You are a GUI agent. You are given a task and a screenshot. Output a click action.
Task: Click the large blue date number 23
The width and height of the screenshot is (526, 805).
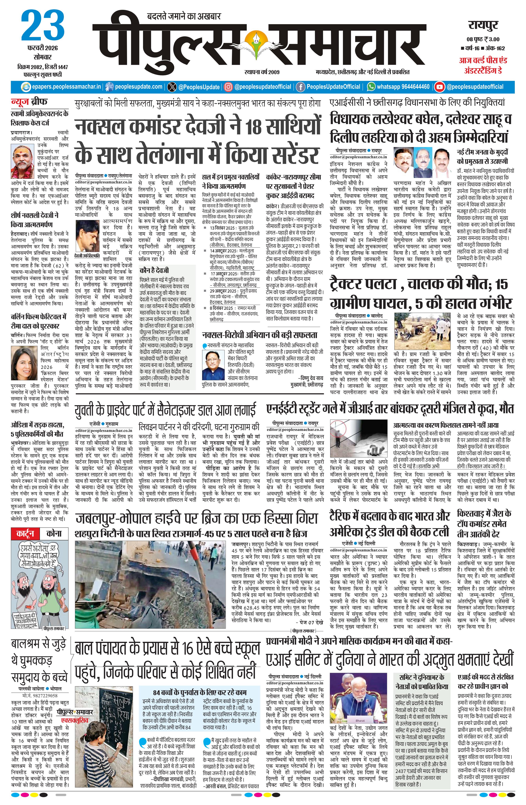[x=43, y=26]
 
